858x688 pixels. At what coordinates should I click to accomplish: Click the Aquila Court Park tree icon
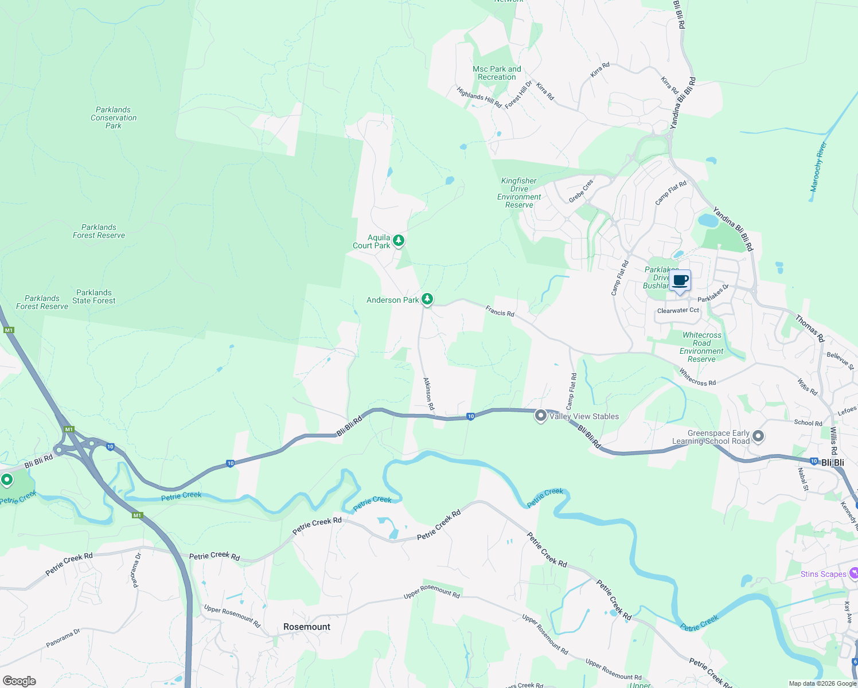click(x=399, y=240)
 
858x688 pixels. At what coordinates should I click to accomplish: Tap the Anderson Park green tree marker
click(x=427, y=299)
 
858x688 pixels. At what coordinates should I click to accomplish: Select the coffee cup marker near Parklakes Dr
click(x=680, y=281)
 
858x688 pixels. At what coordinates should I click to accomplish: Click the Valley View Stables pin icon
click(x=540, y=416)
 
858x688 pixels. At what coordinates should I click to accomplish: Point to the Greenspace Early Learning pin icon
click(x=758, y=436)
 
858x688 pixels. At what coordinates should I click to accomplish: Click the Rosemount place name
click(x=307, y=627)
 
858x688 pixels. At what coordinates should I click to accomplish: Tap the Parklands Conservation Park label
click(x=114, y=118)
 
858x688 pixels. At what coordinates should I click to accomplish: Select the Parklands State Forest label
click(x=94, y=296)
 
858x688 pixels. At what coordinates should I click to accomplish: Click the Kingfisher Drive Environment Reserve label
click(x=519, y=193)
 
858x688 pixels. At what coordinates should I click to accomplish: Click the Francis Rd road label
click(x=500, y=312)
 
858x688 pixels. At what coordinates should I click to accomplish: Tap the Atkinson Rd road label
click(x=428, y=393)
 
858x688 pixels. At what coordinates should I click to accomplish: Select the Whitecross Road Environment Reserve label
click(x=701, y=347)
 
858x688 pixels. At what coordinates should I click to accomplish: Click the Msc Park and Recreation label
click(x=497, y=73)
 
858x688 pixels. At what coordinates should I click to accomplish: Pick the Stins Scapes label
click(x=824, y=574)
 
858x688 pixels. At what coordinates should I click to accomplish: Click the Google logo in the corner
click(x=19, y=681)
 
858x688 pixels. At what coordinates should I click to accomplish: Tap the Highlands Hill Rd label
click(x=479, y=97)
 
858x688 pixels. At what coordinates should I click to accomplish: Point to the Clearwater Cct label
click(x=678, y=310)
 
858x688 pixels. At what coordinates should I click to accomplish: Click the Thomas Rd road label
click(x=809, y=329)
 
